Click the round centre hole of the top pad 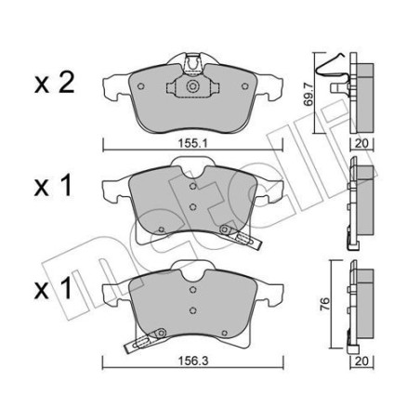click(192, 88)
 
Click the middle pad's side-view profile click(357, 200)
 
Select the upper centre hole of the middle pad click(191, 188)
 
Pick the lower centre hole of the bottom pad click(191, 311)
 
